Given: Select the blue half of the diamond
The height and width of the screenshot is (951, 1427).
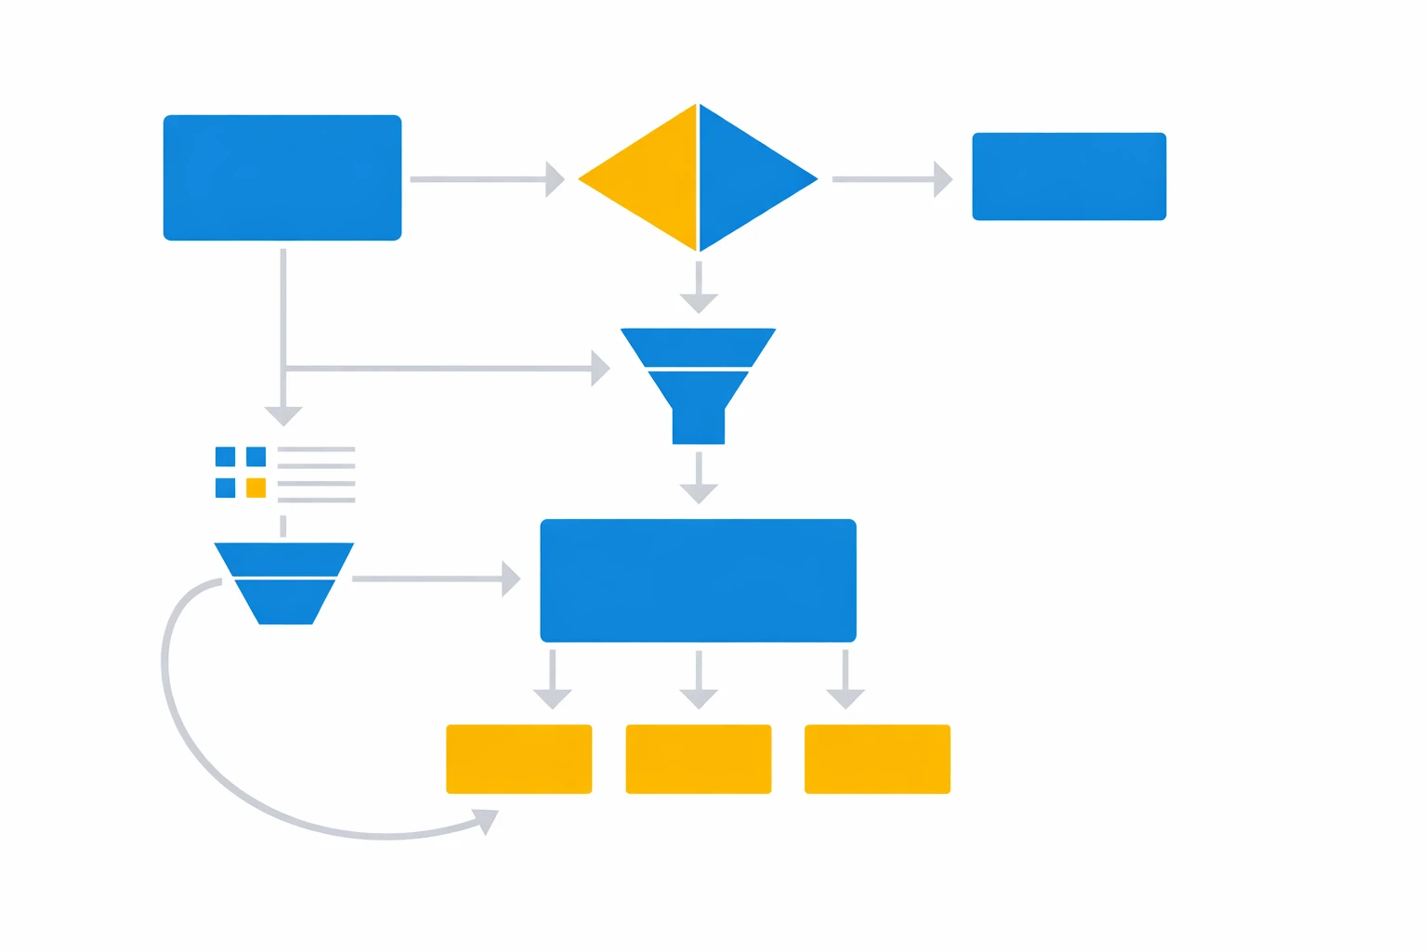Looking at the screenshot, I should click(x=748, y=178).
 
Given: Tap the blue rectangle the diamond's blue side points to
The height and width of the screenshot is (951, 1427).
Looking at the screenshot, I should click(x=1068, y=176).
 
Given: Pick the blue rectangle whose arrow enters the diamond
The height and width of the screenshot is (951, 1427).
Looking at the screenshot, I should click(x=281, y=177).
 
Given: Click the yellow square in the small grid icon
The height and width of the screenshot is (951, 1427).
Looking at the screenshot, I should click(x=256, y=488).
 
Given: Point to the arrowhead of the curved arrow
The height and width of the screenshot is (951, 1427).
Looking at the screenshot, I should click(x=488, y=820).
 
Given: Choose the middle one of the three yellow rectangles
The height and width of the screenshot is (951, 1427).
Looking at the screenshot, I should click(x=698, y=759).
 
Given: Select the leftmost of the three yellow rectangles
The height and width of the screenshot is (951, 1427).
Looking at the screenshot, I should click(x=518, y=759).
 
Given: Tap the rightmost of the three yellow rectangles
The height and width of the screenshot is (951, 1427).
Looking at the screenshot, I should click(x=877, y=759).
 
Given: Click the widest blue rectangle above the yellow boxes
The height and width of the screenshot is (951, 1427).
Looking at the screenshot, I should click(x=698, y=580).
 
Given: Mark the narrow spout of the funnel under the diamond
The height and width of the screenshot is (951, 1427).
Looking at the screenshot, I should click(x=698, y=425).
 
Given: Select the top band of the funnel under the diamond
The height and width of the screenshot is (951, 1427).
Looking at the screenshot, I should click(x=698, y=346).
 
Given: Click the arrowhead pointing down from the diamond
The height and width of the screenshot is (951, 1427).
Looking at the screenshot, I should click(x=699, y=302).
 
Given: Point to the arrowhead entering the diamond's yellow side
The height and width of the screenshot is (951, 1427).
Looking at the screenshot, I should click(x=555, y=178).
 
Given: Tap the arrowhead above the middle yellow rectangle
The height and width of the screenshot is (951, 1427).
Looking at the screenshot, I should click(x=699, y=697).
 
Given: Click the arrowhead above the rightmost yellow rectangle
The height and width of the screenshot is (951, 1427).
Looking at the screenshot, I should click(x=845, y=697).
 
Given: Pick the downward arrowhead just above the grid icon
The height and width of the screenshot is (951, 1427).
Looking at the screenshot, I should click(x=283, y=415).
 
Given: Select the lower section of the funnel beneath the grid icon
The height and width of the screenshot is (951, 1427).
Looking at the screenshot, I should click(x=285, y=602).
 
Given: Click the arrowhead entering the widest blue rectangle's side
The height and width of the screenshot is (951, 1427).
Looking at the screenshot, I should click(x=510, y=579).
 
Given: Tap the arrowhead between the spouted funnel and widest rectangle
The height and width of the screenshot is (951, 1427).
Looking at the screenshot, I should click(x=699, y=492).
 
